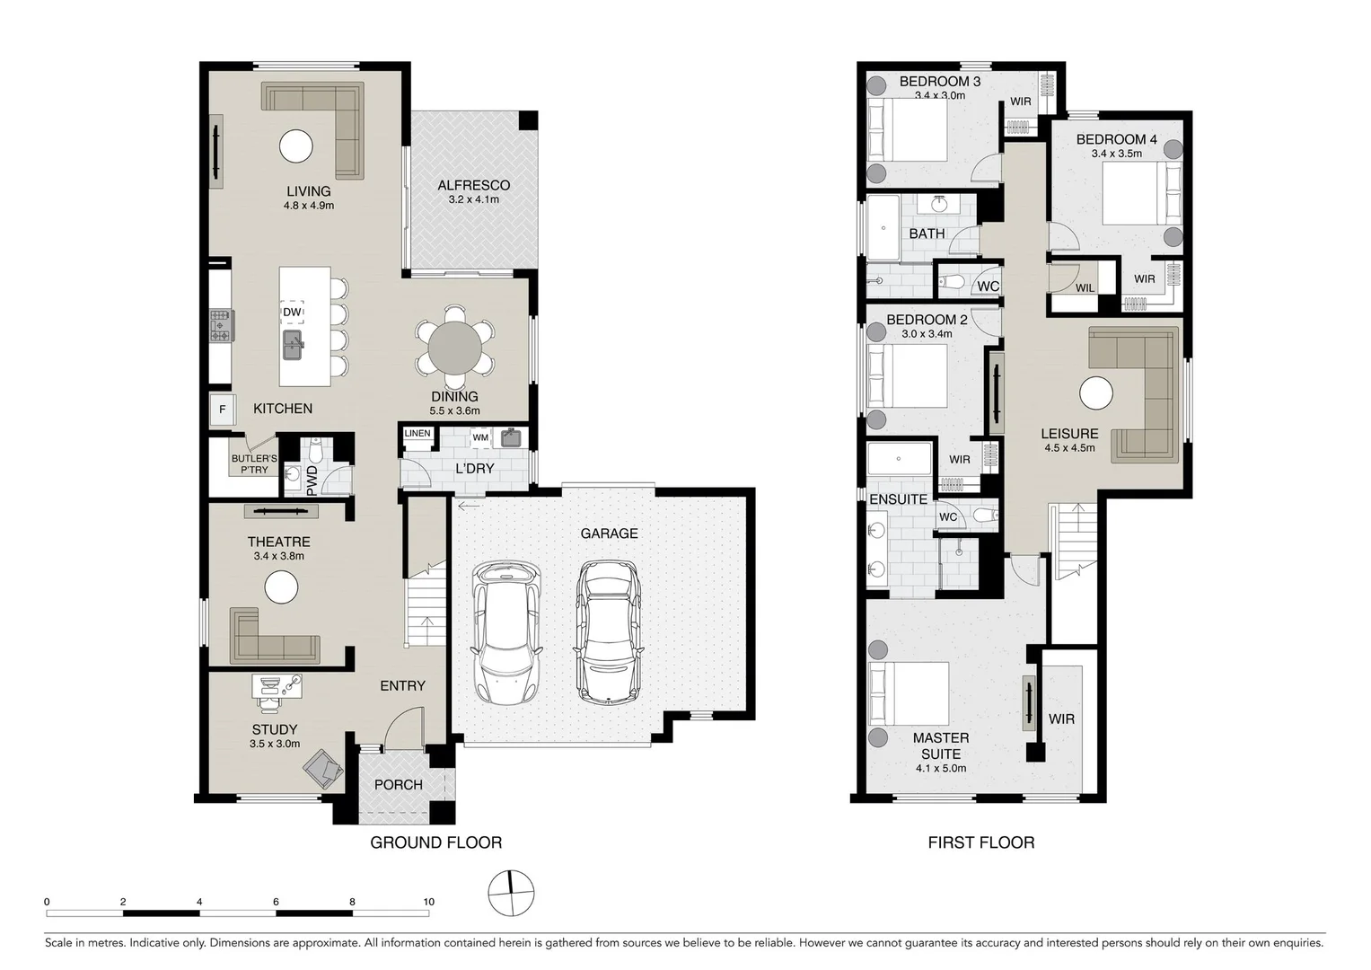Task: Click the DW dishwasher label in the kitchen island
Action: (292, 312)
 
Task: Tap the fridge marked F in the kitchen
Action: (223, 410)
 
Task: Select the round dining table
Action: (455, 348)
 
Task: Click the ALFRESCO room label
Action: (474, 185)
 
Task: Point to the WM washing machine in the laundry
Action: (480, 437)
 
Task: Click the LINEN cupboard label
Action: (417, 433)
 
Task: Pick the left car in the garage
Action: (506, 632)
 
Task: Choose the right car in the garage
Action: (609, 631)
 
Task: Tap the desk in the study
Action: (277, 686)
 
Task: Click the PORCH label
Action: (399, 784)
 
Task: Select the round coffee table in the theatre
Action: (282, 586)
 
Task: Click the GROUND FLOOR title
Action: (435, 842)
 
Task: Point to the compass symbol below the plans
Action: (511, 894)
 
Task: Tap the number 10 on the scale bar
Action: (428, 902)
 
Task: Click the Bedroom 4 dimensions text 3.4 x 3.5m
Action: (1116, 154)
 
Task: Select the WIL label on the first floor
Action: (1085, 287)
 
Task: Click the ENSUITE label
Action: (899, 499)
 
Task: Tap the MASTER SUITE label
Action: (941, 745)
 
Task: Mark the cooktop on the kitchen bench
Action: (222, 326)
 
